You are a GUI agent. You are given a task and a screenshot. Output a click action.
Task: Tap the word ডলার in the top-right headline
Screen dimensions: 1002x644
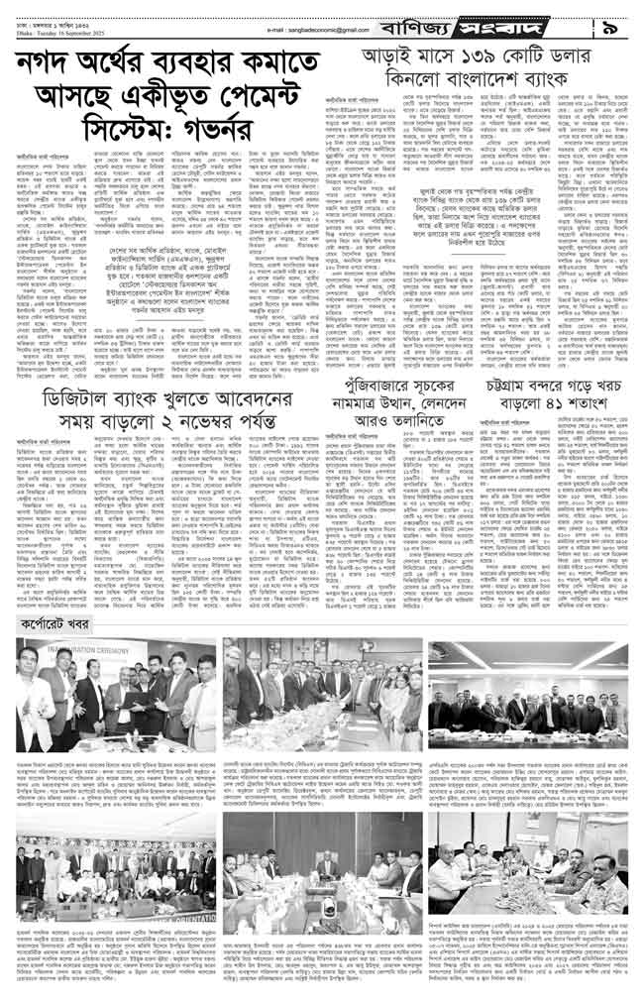tap(595, 56)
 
